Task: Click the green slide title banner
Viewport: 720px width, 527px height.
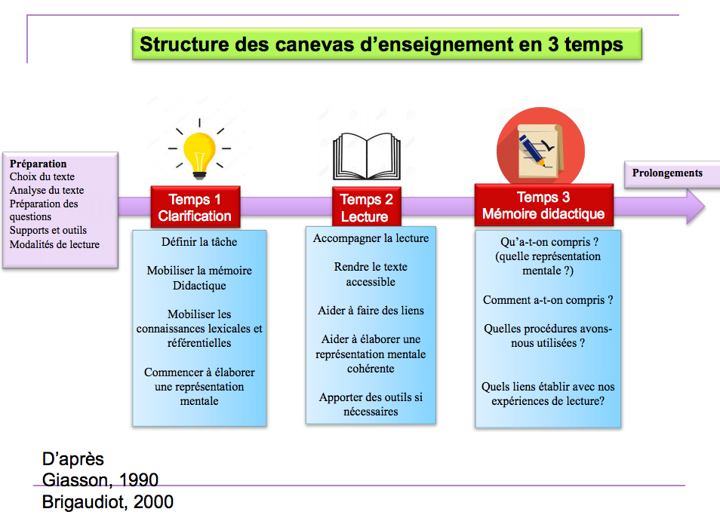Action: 386,44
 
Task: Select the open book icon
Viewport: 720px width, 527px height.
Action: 371,157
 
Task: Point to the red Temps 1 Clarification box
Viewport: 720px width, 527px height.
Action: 195,207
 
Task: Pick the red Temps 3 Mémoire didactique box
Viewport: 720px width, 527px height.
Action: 543,205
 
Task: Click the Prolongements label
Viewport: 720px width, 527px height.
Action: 667,173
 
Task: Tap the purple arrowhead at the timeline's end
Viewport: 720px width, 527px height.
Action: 694,206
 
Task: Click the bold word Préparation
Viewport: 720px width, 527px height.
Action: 38,164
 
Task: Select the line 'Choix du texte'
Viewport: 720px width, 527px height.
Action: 42,176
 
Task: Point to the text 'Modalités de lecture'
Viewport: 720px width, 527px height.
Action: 54,244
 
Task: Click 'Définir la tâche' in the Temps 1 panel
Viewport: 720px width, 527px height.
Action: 199,242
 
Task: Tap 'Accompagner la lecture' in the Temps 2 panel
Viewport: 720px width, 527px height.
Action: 371,238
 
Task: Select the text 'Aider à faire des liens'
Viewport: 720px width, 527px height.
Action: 371,311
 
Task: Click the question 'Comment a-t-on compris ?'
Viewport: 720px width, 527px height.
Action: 548,300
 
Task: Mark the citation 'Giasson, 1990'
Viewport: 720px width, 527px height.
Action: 100,480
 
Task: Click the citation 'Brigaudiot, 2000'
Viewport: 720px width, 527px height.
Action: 108,501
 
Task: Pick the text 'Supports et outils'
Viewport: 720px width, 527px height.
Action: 48,231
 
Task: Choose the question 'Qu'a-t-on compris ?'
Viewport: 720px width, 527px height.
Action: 548,243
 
